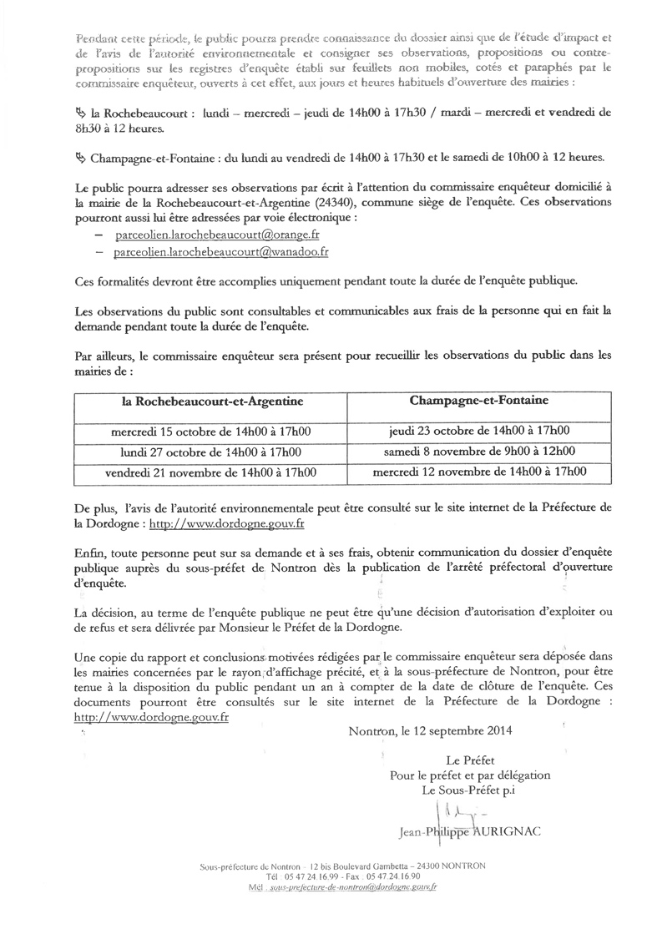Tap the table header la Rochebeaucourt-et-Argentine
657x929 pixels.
pyautogui.click(x=212, y=401)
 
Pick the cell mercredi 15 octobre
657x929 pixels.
pyautogui.click(x=212, y=432)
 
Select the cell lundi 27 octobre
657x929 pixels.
pyautogui.click(x=212, y=452)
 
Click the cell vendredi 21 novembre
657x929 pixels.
pyautogui.click(x=212, y=472)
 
